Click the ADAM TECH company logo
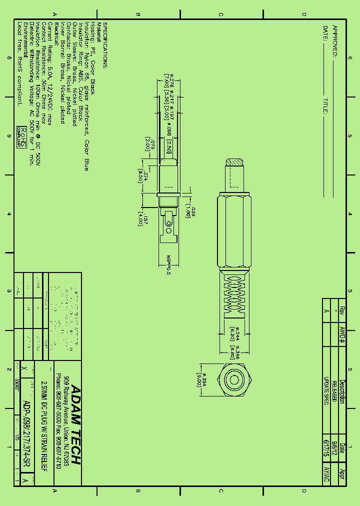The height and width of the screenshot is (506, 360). click(x=75, y=424)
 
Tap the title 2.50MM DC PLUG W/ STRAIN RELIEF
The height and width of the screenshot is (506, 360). click(x=43, y=425)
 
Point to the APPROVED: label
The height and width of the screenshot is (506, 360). click(x=335, y=40)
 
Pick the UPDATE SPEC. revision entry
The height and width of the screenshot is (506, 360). click(x=326, y=390)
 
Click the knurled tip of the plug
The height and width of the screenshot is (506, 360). click(x=234, y=162)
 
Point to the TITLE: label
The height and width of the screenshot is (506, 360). click(x=325, y=106)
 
